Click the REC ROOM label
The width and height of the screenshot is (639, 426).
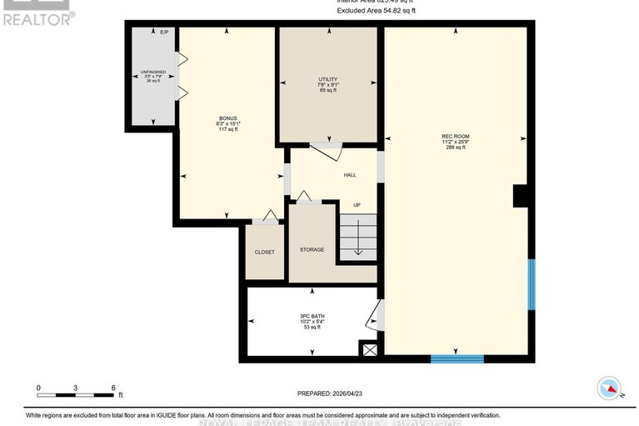tap(455, 136)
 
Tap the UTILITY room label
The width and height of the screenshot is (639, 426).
tap(327, 78)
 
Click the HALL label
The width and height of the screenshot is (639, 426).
tap(350, 175)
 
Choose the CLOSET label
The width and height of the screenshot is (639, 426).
tap(264, 252)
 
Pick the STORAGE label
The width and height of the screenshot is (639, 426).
tap(312, 249)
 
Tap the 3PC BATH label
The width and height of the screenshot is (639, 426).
tap(312, 316)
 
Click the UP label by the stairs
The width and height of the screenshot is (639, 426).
tap(356, 204)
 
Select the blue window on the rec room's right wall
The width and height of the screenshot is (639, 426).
tap(532, 283)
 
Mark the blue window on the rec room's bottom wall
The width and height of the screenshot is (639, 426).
tap(457, 358)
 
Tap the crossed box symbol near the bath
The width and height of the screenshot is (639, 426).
tap(368, 350)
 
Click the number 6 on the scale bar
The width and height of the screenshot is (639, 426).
tap(112, 388)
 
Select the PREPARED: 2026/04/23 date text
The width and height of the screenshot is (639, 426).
tap(331, 393)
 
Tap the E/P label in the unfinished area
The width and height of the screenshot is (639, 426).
tap(164, 32)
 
